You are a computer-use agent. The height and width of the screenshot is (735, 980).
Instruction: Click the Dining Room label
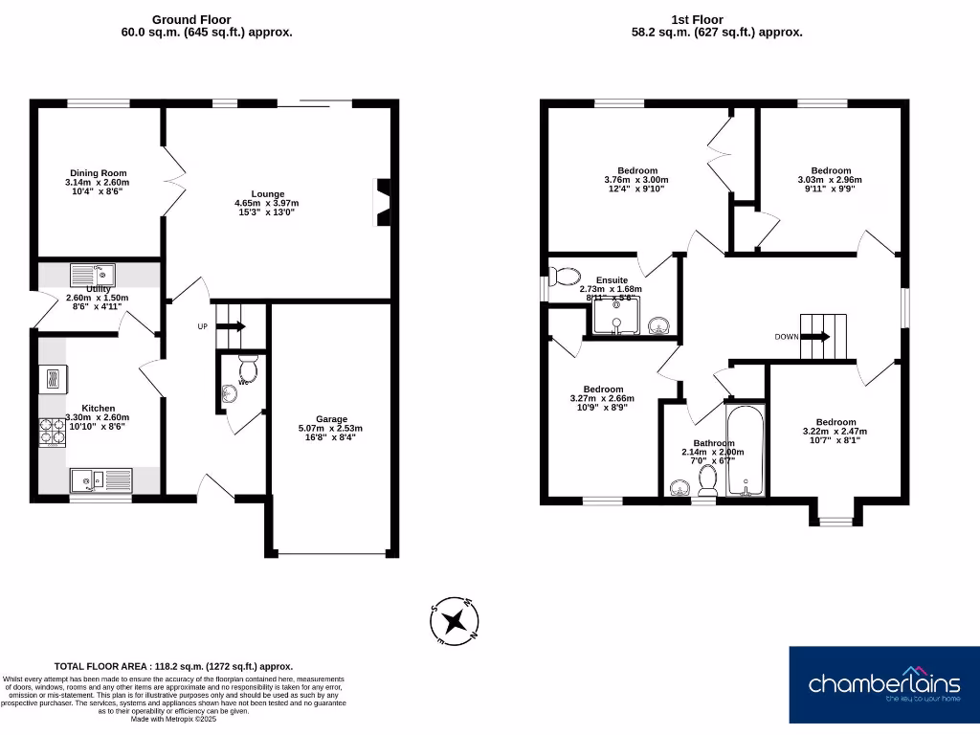[99, 173]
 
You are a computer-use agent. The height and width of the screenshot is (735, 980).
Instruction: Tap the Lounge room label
[267, 194]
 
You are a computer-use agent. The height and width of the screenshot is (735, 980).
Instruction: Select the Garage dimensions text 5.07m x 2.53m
[331, 428]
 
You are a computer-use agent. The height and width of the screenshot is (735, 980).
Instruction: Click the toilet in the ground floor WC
[248, 368]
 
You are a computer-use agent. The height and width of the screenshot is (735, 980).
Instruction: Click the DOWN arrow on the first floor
[814, 336]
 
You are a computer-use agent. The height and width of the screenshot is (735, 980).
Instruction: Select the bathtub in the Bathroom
[745, 451]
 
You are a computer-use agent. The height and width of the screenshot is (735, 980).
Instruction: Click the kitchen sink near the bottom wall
[100, 479]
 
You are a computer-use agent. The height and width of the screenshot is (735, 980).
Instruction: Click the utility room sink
[93, 276]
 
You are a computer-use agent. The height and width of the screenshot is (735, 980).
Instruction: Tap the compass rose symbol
[454, 621]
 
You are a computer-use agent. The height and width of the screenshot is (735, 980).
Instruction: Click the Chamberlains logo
[883, 683]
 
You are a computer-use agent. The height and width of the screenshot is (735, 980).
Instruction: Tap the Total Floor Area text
[173, 666]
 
